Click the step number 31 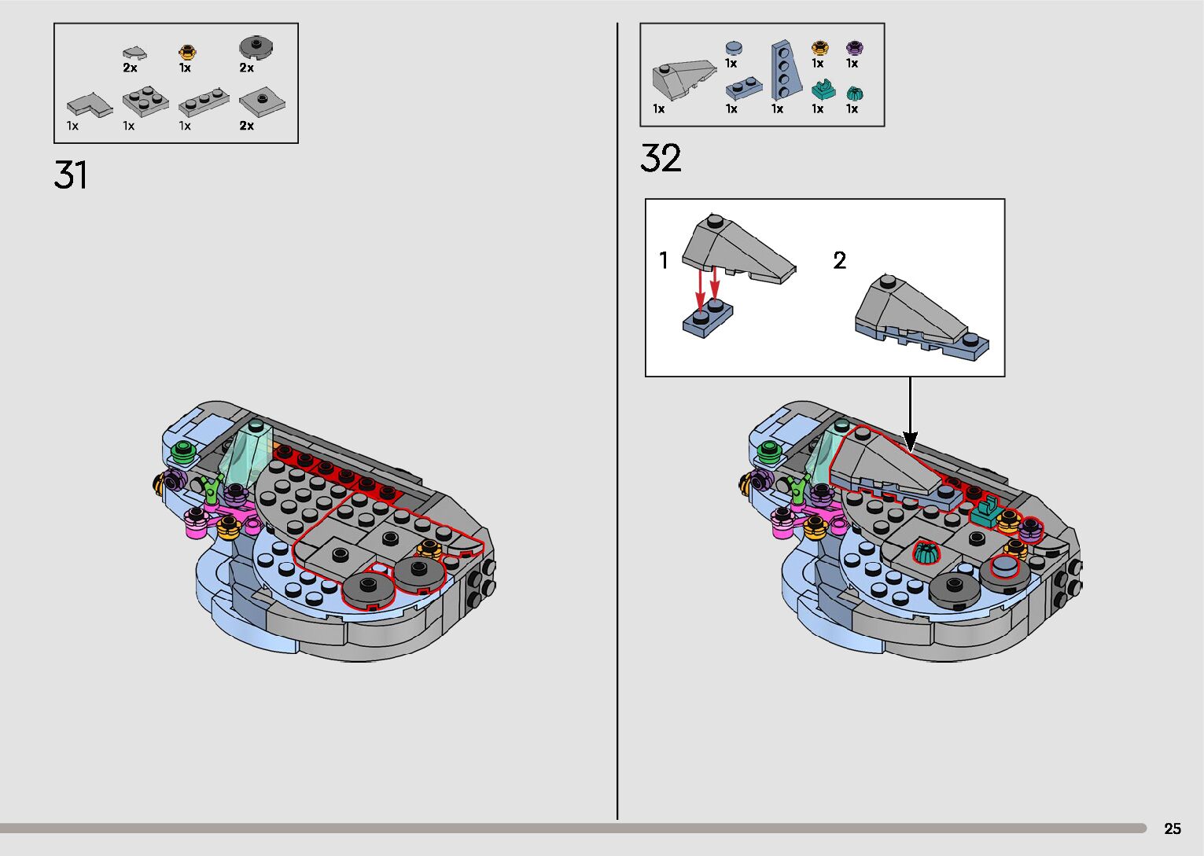coord(71,175)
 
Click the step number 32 coord(661,158)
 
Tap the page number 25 coord(1172,828)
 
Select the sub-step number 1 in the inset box coord(664,260)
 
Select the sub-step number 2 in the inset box coord(840,260)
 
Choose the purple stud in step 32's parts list coord(853,48)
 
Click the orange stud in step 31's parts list coord(186,52)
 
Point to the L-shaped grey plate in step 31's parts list coord(89,105)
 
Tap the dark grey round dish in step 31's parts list coord(256,48)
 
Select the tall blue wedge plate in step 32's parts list coord(785,70)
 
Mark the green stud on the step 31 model coord(184,450)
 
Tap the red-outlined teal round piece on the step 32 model coord(926,552)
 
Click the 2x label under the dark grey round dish coord(247,68)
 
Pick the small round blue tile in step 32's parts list coord(733,47)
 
